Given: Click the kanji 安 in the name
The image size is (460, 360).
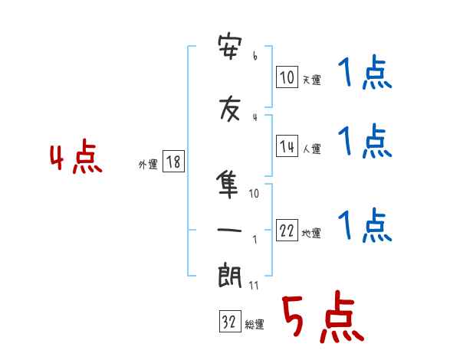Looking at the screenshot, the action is tap(230, 47).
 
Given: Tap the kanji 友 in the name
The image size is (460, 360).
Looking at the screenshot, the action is tap(230, 109).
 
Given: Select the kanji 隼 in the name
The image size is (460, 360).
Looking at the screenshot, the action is tap(228, 185).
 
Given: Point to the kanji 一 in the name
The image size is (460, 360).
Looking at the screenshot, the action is tap(229, 230).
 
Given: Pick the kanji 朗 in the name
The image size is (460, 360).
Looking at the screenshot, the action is tap(230, 275).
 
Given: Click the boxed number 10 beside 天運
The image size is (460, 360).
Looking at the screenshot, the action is tap(287, 77).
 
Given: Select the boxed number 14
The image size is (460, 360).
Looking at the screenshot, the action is tap(287, 146).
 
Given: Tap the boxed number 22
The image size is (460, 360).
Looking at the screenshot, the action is tap(287, 230).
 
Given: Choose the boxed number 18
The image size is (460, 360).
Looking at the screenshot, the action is tap(173, 162).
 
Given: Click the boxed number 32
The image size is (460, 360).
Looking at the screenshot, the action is tap(230, 321).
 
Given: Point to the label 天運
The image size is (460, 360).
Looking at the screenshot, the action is tap(312, 80).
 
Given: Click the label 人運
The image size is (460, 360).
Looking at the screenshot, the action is tap(312, 149).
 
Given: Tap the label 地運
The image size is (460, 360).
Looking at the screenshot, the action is tap(311, 234).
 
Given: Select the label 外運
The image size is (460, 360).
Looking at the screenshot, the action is tap(148, 165).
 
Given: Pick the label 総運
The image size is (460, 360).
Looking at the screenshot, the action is tap(255, 325).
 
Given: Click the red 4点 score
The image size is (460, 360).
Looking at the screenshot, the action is tap(76, 156).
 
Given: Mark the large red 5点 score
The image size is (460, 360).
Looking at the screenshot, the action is tap(323, 316).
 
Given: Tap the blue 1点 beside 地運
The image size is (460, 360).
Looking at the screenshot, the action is tap(365, 224).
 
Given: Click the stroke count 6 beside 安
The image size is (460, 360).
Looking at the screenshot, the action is tap(255, 56).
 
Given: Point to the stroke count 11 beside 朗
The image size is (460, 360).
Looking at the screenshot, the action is tap(254, 285).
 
